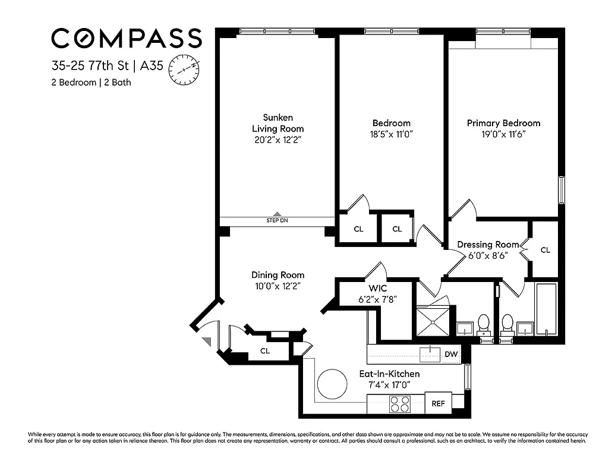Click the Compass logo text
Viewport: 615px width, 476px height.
126,39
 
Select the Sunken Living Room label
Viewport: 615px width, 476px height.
277,123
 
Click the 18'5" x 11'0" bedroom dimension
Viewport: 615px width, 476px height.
390,134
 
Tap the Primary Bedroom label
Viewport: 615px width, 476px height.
503,123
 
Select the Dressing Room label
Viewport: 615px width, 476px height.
488,245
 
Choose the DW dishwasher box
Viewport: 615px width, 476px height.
452,355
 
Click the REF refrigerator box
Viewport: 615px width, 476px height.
438,403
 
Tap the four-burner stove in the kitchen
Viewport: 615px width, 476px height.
399,404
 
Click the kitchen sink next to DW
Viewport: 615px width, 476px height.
429,355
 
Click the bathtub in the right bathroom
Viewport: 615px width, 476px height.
545,309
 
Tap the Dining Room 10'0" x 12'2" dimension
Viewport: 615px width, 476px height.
277,286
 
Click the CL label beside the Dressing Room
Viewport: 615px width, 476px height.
545,250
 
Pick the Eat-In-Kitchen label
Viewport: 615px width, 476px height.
389,374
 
